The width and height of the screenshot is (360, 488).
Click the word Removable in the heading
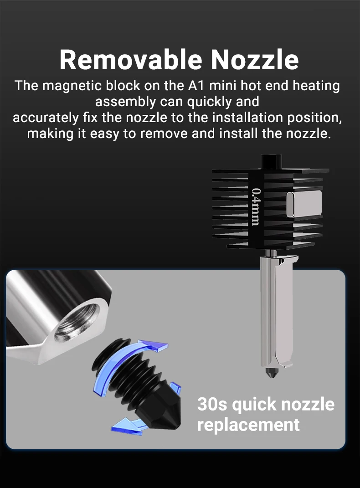coord(131,59)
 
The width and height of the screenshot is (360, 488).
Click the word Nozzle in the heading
coord(255,59)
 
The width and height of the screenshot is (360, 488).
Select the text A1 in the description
coord(195,86)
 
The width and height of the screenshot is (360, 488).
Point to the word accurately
coord(46,118)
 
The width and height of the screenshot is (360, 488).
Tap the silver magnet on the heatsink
coord(303,204)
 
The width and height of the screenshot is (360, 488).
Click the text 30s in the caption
coord(212,404)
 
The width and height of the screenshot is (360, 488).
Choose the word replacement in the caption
coord(248,425)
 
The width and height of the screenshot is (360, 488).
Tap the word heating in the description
coord(316,86)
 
